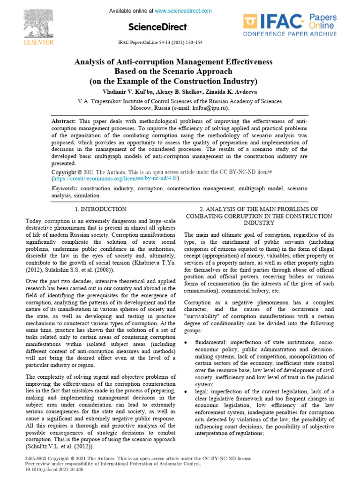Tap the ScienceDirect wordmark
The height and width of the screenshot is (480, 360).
pyautogui.click(x=157, y=27)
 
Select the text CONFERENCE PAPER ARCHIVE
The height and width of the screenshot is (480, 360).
pyautogui.click(x=290, y=34)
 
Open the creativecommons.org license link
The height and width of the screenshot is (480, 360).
pyautogui.click(x=115, y=179)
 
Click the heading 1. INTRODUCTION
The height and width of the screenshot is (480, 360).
pyautogui.click(x=100, y=209)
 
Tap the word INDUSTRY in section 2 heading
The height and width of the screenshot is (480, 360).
pyautogui.click(x=259, y=223)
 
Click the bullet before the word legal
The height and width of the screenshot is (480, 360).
pyautogui.click(x=187, y=391)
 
